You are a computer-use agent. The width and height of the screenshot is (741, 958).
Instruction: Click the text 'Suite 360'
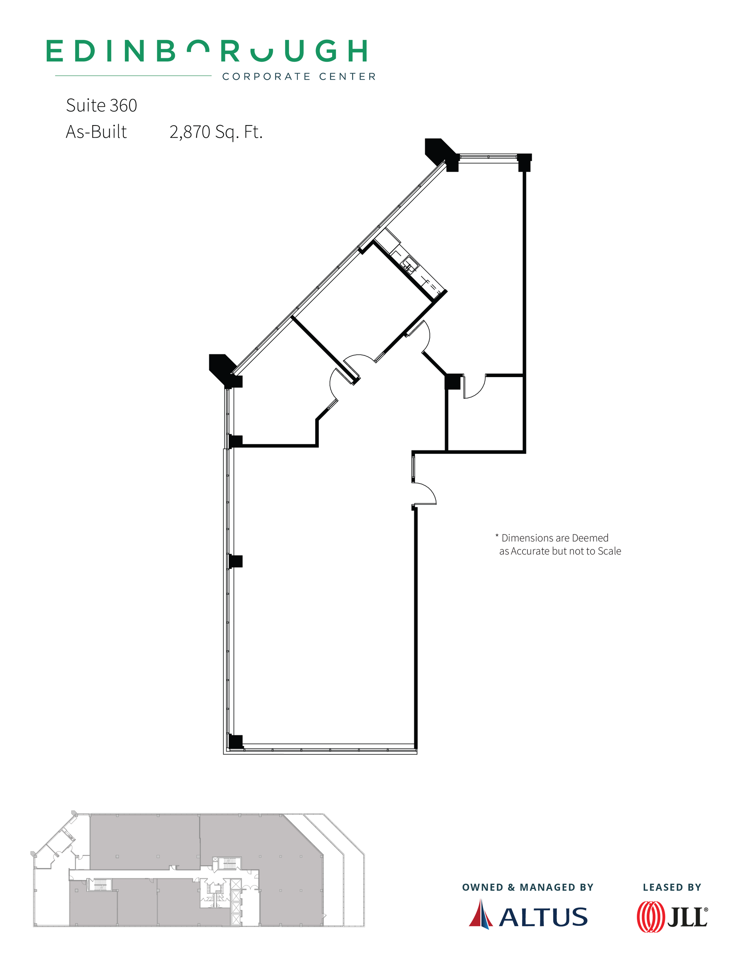point(101,106)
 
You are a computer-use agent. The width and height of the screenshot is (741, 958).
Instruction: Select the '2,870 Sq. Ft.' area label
point(216,132)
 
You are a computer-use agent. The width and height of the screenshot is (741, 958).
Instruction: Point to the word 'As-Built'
point(96,132)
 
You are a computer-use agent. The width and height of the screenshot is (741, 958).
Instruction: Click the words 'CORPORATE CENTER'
point(299,77)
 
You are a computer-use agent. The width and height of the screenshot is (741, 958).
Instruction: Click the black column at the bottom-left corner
point(236,742)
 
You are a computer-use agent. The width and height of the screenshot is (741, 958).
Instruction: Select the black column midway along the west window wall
point(236,561)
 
